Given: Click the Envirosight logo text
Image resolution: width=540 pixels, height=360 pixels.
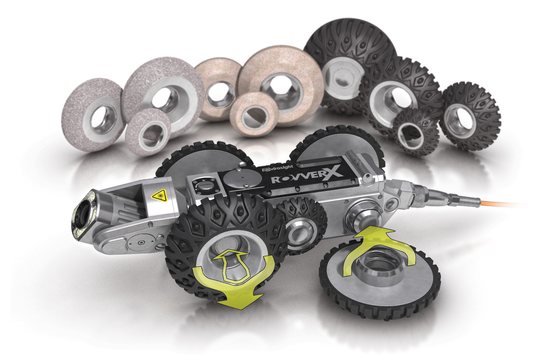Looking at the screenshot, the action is [x=278, y=168].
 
